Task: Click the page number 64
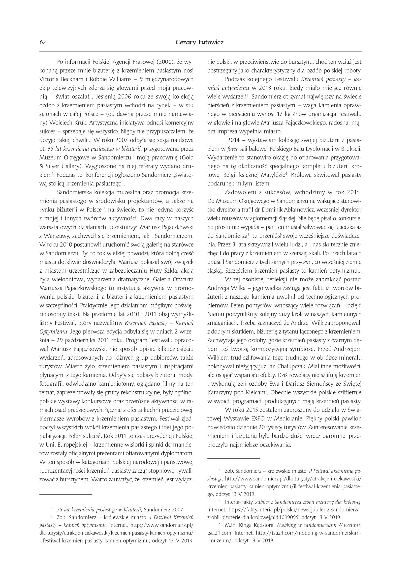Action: coord(43,42)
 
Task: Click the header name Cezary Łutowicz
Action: coord(199,42)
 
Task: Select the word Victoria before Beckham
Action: coord(49,79)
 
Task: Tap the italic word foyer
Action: coord(233,149)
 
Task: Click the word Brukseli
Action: coord(352,149)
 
